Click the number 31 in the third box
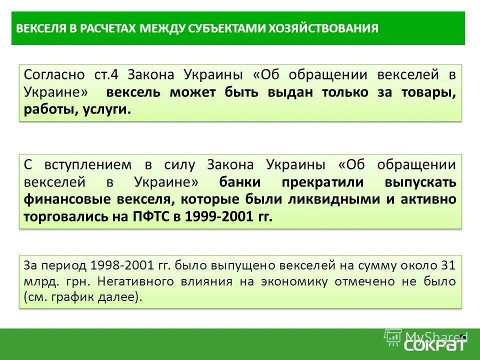click(448, 265)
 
